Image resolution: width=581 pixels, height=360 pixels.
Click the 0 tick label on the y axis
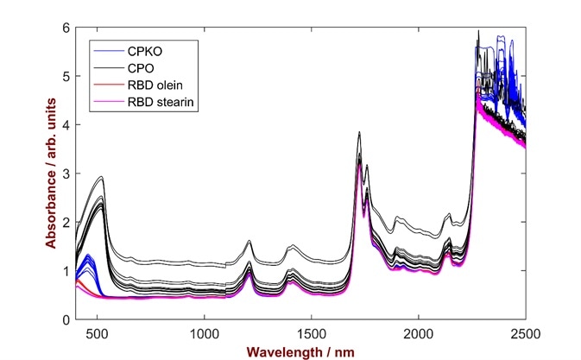(x=66, y=320)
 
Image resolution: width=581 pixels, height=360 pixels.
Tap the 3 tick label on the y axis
(x=66, y=174)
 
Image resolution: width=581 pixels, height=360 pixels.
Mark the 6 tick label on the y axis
(x=66, y=28)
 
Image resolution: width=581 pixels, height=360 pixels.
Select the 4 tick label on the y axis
(x=66, y=125)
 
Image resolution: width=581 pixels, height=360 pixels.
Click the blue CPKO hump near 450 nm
(x=88, y=257)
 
